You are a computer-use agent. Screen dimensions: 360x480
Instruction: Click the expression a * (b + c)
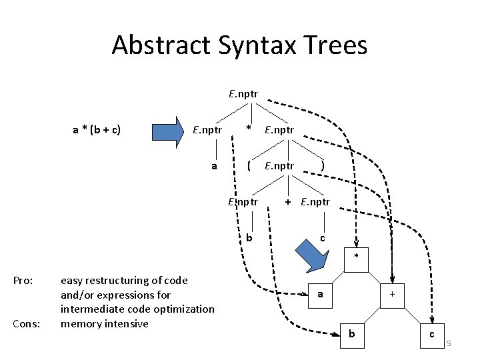point(96,129)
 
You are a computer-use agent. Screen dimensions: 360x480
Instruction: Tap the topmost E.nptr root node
point(243,94)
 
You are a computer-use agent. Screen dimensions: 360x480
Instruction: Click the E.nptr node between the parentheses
point(279,165)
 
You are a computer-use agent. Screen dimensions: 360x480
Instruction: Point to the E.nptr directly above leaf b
point(243,201)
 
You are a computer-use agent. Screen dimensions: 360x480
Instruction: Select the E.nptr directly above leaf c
point(315,201)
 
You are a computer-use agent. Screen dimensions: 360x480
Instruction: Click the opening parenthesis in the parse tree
point(249,165)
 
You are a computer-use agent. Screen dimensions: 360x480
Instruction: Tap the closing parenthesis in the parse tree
point(323,165)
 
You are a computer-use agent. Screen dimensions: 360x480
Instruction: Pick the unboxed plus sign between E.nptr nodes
point(287,201)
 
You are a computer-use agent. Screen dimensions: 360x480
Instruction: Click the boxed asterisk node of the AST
point(357,257)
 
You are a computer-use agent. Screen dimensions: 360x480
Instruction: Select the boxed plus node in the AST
point(393,293)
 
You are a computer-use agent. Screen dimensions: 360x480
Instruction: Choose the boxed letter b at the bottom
point(352,333)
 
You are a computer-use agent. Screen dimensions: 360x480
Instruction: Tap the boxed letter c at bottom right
point(433,333)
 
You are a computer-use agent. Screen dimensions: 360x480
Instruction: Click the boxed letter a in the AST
point(321,293)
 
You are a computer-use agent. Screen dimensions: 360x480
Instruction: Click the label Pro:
point(23,281)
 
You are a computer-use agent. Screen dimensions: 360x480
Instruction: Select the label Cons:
point(26,323)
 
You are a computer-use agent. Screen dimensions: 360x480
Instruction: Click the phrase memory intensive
point(104,323)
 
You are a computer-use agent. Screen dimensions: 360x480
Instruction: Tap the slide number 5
point(449,343)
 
